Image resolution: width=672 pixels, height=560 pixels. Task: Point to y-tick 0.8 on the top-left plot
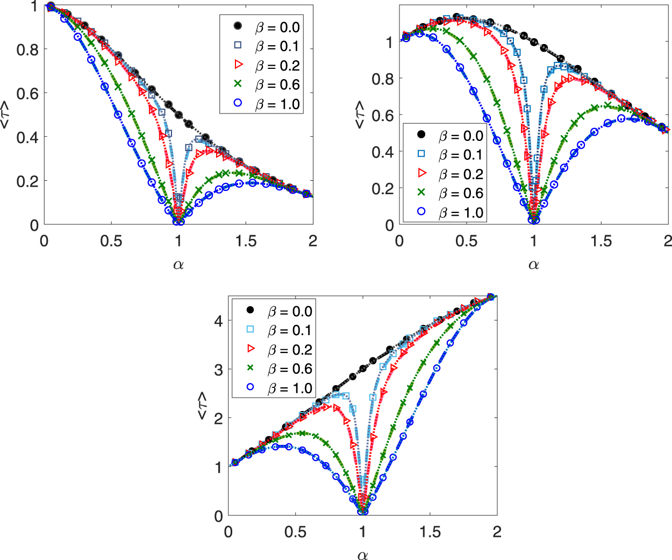(x=27, y=49)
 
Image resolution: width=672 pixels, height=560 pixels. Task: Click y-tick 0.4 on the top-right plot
(x=382, y=152)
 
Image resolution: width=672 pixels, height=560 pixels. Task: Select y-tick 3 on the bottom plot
(x=218, y=370)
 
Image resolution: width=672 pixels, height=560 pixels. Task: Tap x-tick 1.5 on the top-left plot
(x=246, y=241)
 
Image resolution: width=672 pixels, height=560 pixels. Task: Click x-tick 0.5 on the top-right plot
(x=466, y=241)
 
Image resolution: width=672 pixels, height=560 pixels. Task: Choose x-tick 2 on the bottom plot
(x=497, y=532)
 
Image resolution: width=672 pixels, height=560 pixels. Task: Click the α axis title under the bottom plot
(x=362, y=555)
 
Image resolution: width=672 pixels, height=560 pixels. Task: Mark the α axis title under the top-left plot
(x=178, y=264)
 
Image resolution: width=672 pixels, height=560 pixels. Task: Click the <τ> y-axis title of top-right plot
(x=360, y=115)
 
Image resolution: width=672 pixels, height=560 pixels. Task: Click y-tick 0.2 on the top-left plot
(x=27, y=181)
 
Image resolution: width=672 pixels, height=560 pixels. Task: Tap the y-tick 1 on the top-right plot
(x=389, y=42)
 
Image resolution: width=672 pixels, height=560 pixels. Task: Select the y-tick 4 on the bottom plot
(x=218, y=321)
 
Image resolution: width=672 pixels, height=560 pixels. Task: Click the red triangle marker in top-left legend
(x=238, y=65)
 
